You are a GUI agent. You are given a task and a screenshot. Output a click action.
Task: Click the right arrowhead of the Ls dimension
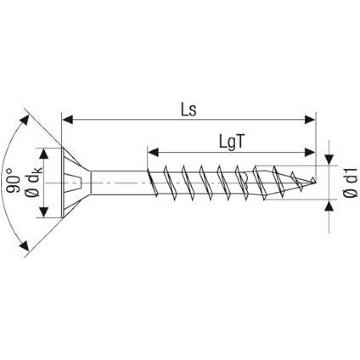pos(310,119)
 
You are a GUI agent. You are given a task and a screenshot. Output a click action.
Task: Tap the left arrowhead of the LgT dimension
pos(153,153)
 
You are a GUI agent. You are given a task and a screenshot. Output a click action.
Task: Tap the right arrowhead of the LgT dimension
pos(310,153)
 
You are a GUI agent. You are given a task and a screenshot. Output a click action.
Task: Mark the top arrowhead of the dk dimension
pos(44,153)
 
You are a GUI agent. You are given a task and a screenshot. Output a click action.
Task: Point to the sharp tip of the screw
pos(313,182)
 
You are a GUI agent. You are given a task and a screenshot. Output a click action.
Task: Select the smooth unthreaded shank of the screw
pos(119,183)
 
